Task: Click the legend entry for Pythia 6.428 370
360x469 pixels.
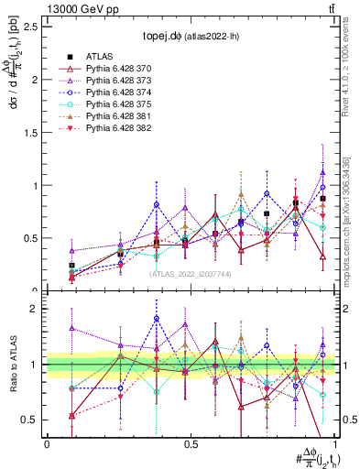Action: pyautogui.click(x=118, y=68)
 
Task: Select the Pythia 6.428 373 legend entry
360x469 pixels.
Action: pyautogui.click(x=118, y=80)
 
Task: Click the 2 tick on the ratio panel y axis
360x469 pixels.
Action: pyautogui.click(x=35, y=309)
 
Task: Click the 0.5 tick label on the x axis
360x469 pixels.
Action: pyautogui.click(x=191, y=444)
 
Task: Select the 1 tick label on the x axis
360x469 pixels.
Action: pyautogui.click(x=334, y=444)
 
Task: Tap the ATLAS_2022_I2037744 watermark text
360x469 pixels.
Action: pyautogui.click(x=190, y=273)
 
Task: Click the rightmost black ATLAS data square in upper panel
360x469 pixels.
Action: pyautogui.click(x=322, y=199)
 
